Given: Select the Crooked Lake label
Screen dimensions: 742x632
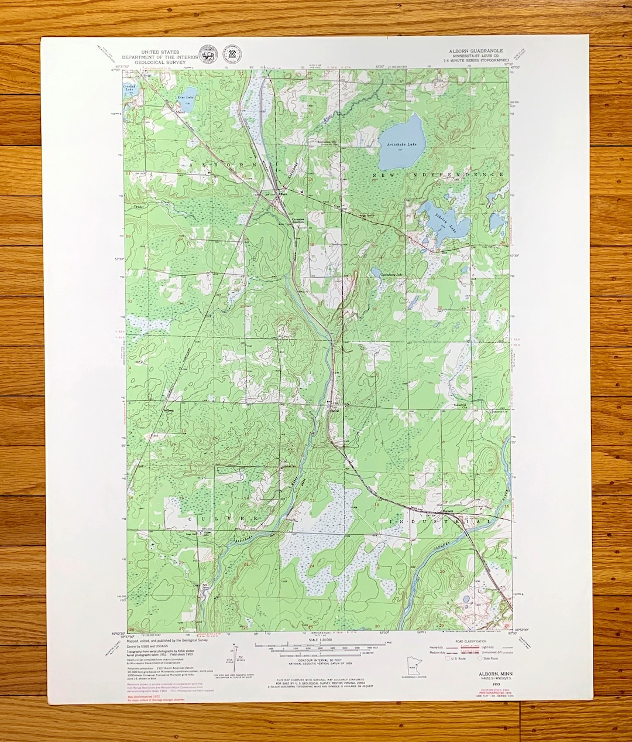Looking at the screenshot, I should click(129, 88).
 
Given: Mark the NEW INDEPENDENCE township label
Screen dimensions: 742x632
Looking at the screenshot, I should click(438, 175).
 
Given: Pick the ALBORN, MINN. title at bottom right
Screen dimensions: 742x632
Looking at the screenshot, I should click(483, 674).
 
